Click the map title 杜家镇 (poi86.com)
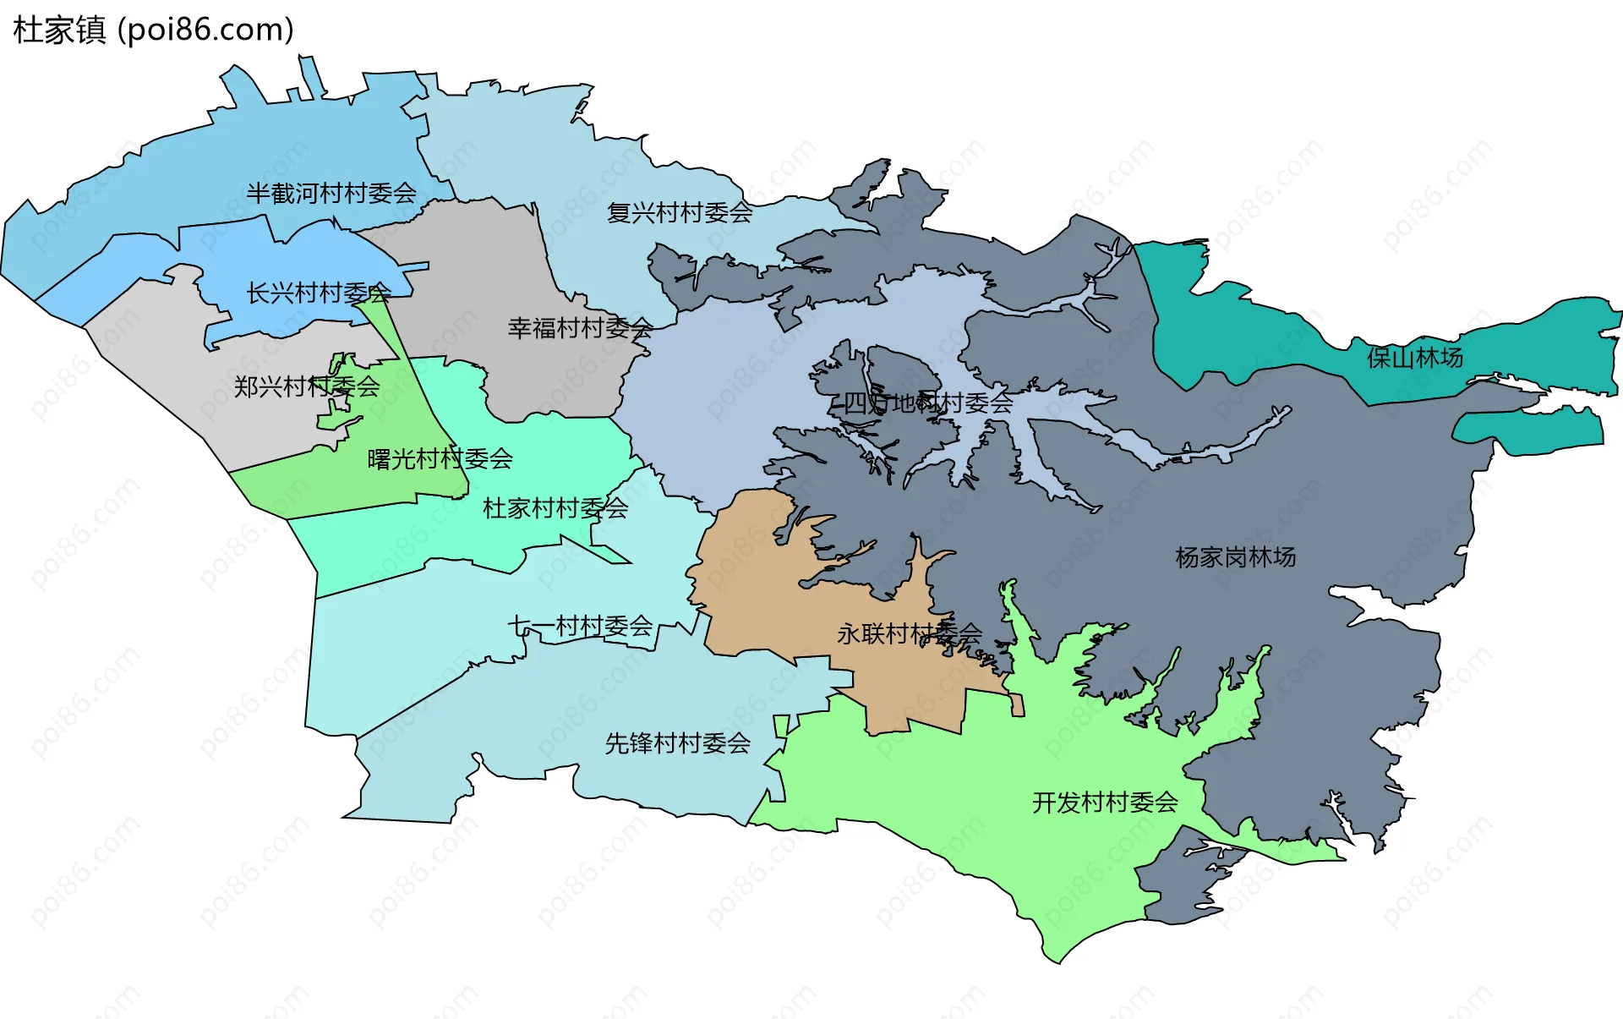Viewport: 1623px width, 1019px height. [153, 30]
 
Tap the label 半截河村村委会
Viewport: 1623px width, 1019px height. [331, 194]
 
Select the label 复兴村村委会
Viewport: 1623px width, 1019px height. [680, 212]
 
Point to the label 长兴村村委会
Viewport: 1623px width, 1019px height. [318, 293]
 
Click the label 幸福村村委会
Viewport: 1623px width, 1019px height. [580, 328]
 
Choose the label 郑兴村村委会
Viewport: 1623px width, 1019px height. [307, 386]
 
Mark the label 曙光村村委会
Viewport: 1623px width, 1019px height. [440, 459]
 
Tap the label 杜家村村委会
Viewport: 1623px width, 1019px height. [555, 508]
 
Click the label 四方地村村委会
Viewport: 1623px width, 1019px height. [927, 403]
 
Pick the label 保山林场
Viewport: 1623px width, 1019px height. [1414, 358]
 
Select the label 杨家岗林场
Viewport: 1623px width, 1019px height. [1235, 557]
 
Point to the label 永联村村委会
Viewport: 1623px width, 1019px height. [909, 633]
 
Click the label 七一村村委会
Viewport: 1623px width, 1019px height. [580, 627]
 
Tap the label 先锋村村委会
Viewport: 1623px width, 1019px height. [677, 743]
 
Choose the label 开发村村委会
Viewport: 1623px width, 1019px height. [1105, 803]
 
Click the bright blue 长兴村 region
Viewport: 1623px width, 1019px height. [254, 254]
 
